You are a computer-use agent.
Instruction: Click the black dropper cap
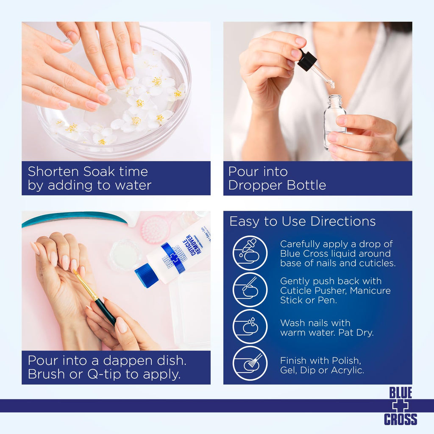[x=307, y=60]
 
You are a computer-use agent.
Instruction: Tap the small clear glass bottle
[x=334, y=122]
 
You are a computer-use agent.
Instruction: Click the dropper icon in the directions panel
[x=250, y=253]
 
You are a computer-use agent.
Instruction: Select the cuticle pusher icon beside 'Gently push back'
[x=250, y=290]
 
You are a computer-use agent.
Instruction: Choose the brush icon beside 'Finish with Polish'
[x=250, y=363]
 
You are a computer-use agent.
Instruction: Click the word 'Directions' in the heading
[x=343, y=221]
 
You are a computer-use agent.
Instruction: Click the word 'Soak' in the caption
[x=99, y=172]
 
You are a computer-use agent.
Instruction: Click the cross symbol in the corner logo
[x=400, y=406]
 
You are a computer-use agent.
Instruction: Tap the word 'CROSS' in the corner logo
[x=400, y=419]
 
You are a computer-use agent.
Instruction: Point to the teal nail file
[x=75, y=219]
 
